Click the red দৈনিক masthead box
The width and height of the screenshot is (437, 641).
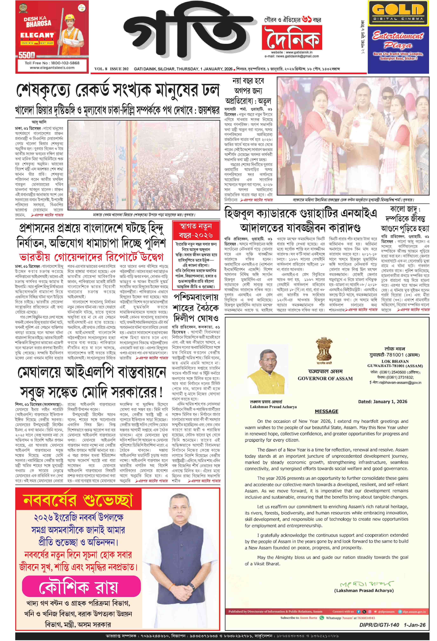click(292, 37)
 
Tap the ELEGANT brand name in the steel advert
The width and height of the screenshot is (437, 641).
click(37, 35)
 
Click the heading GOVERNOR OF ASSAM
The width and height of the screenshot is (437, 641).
click(325, 379)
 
